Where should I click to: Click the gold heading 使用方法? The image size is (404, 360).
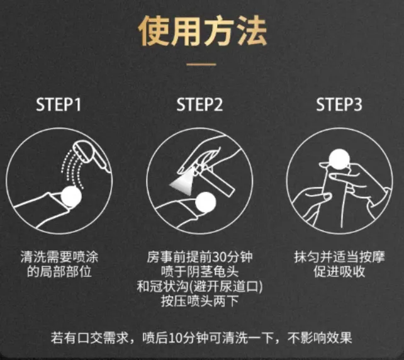click(203, 31)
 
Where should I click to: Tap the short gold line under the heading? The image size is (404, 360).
click(201, 64)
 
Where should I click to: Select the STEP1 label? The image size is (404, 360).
click(59, 104)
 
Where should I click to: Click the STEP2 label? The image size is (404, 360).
click(199, 104)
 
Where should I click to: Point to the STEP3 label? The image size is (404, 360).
click(339, 104)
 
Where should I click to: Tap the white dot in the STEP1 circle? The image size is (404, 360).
click(71, 196)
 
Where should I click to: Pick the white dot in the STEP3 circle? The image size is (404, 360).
click(339, 159)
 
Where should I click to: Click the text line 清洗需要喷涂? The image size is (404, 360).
click(59, 257)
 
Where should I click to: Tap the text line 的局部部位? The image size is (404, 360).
click(59, 271)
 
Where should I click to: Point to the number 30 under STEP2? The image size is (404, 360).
click(219, 257)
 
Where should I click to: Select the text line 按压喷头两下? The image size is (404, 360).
click(199, 300)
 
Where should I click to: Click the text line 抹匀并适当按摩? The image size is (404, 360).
click(339, 257)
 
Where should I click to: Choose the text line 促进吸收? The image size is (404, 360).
click(339, 271)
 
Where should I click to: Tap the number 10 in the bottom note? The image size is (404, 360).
click(175, 337)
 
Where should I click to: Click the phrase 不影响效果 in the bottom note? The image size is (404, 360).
click(320, 337)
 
